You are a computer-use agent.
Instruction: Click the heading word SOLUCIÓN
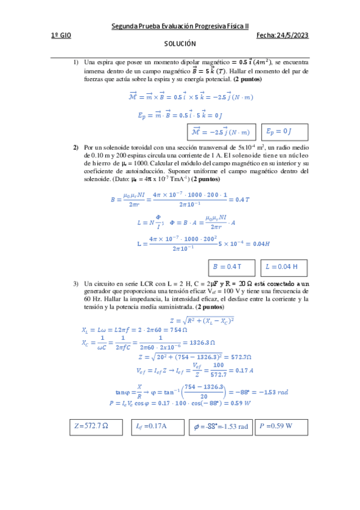(180, 45)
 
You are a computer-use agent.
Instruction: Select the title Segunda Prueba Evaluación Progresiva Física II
(181, 26)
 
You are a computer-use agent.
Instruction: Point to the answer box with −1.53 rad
(220, 427)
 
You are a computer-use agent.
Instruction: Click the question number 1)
(76, 62)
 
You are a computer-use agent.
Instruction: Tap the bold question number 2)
(76, 147)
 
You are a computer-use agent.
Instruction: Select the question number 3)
(76, 283)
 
